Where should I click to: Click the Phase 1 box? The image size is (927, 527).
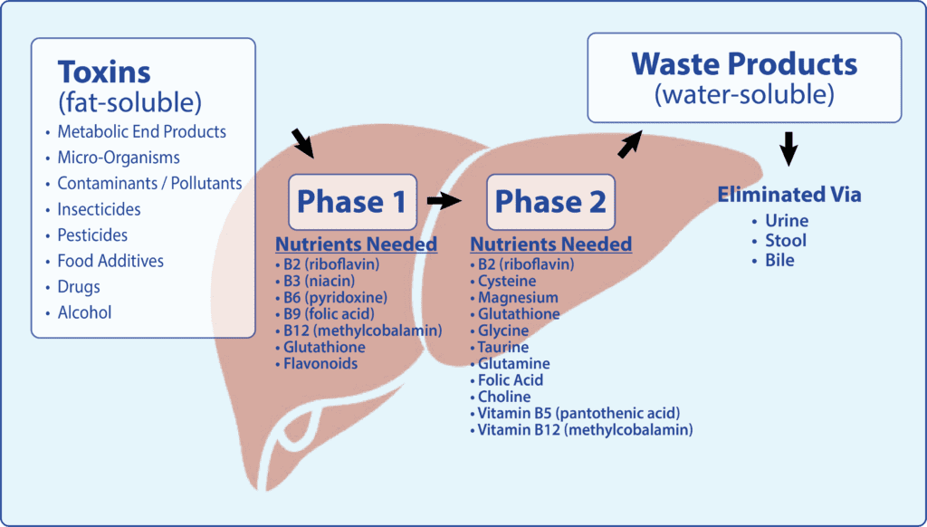(x=352, y=202)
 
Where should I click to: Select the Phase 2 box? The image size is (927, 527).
(x=550, y=202)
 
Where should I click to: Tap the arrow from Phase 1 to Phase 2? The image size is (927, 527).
(x=444, y=201)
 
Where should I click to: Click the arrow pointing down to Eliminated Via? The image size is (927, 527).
(x=788, y=149)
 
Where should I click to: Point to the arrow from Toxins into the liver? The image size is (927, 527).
(x=302, y=143)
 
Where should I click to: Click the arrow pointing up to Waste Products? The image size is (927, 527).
(x=630, y=144)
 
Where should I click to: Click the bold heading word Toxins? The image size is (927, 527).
(x=104, y=72)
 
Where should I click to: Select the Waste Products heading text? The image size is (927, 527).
(x=744, y=64)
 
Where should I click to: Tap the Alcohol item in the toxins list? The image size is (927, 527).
(x=84, y=312)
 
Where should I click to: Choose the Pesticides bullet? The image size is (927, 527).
(x=92, y=235)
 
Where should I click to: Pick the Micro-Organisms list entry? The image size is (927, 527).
(x=119, y=158)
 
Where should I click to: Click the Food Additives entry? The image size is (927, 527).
(x=110, y=261)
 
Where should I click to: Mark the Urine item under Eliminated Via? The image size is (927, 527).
(x=787, y=221)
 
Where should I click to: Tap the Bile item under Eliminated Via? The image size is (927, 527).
(x=779, y=260)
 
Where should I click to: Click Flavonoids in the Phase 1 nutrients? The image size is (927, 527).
(x=320, y=363)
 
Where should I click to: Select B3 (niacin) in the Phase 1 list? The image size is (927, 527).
(x=320, y=281)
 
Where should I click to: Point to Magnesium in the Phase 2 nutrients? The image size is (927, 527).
(x=518, y=298)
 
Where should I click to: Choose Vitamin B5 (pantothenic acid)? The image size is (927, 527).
(x=578, y=413)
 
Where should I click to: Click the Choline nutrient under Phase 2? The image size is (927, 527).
(x=504, y=397)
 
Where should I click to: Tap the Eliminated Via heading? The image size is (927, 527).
(x=789, y=194)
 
